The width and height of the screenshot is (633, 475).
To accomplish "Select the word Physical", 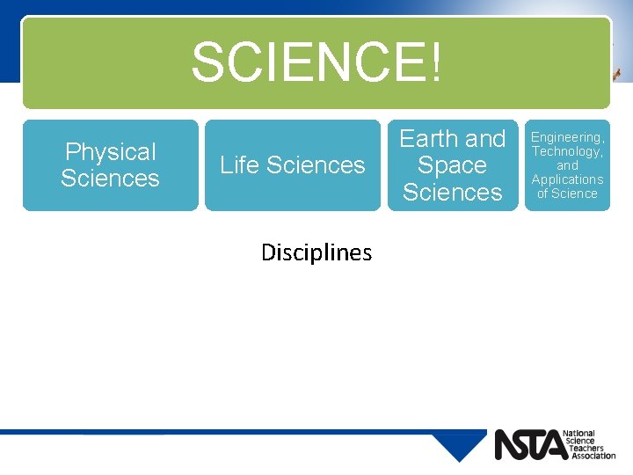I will pos(110,152).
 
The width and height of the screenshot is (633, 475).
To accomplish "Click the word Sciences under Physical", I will pos(110,179).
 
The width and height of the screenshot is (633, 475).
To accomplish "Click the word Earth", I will pos(429,139).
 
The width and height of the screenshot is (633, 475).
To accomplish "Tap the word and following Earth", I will pos(485,139).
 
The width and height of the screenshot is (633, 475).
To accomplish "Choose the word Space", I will pos(452,165).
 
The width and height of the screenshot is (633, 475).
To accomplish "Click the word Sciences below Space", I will pos(452,192).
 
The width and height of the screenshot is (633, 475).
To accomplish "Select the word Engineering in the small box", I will pos(567,137).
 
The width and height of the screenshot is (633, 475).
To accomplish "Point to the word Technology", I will pos(567,151).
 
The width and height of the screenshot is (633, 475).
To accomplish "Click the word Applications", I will pos(567,179).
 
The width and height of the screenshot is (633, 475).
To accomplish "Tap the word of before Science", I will pos(542,194).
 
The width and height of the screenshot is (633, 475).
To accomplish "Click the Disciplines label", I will pos(316,253).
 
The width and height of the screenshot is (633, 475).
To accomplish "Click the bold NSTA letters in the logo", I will pos(530,445).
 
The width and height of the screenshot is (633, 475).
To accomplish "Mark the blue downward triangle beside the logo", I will pos(459,445).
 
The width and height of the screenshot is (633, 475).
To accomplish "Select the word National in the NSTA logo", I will pos(580,434).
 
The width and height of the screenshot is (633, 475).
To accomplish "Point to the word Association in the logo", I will pos(593,456).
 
